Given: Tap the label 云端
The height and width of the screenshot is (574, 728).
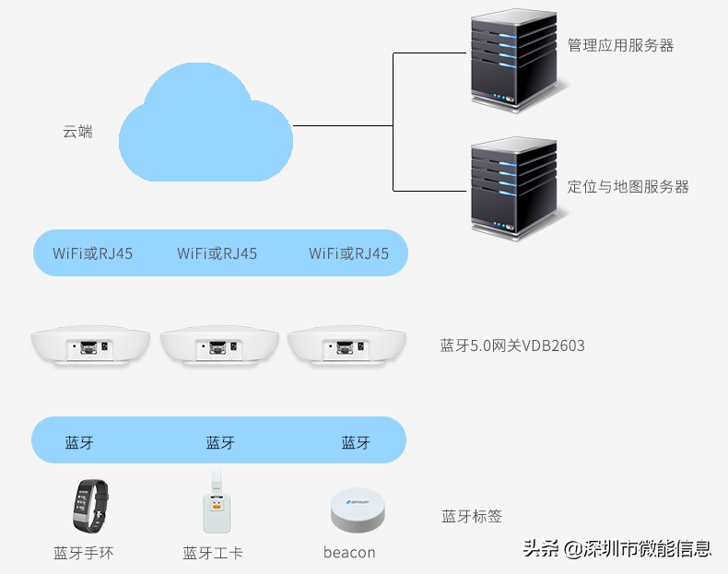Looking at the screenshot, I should [x=77, y=132].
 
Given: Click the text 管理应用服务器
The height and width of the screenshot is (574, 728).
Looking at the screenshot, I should [x=620, y=45].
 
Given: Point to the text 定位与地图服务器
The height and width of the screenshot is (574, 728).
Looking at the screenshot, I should [x=628, y=187].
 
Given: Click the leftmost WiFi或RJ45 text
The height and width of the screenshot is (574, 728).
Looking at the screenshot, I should [x=92, y=253].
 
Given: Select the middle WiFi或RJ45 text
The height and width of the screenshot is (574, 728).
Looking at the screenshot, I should [x=217, y=253].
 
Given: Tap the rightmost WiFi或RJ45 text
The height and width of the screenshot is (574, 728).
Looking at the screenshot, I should [x=348, y=253].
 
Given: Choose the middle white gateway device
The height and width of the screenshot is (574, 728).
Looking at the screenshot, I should [x=217, y=346].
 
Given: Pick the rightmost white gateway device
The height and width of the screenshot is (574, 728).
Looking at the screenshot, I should [x=345, y=346].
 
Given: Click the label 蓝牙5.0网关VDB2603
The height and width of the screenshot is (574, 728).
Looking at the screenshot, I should [x=512, y=346].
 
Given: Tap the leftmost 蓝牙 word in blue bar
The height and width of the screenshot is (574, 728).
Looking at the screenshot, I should [x=79, y=443].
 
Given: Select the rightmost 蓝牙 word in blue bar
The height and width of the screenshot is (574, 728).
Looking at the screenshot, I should [x=356, y=443].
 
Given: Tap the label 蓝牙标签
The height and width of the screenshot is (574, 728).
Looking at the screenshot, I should [x=472, y=517].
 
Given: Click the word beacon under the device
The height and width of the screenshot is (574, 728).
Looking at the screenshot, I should [x=349, y=553].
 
